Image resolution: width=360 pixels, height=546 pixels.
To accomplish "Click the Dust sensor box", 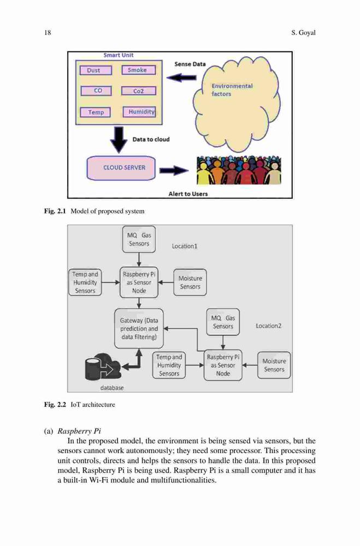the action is pyautogui.click(x=96, y=70).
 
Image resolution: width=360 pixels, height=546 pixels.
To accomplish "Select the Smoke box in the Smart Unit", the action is pyautogui.click(x=138, y=70).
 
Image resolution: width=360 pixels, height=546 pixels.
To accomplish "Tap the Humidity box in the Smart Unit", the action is pyautogui.click(x=139, y=112).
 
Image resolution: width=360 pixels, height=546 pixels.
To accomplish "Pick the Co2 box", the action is pyautogui.click(x=138, y=91).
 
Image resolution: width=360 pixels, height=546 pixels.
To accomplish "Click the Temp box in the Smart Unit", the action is pyautogui.click(x=95, y=112).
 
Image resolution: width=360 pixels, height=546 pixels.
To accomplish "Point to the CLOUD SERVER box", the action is pyautogui.click(x=121, y=168).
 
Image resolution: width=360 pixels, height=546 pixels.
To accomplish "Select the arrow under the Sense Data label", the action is pyautogui.click(x=181, y=78).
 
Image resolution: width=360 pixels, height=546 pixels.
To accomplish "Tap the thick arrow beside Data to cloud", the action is pyautogui.click(x=119, y=140).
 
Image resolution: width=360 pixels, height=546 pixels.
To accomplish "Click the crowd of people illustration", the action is pyautogui.click(x=239, y=170).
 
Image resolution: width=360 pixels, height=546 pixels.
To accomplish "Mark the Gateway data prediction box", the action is pyautogui.click(x=139, y=328).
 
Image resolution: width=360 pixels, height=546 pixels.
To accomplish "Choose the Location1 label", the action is pyautogui.click(x=184, y=246).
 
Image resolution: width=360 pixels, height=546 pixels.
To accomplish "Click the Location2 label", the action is pyautogui.click(x=268, y=326).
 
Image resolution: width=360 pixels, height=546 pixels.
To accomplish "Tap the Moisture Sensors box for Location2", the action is pyautogui.click(x=274, y=365).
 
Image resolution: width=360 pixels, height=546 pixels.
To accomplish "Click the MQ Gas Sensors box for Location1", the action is pyautogui.click(x=139, y=239).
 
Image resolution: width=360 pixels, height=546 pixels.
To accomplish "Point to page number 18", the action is pyautogui.click(x=48, y=33).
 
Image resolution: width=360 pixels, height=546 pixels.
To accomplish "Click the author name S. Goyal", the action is pyautogui.click(x=303, y=33).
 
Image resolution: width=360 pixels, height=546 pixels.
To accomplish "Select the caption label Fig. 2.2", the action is pyautogui.click(x=55, y=405).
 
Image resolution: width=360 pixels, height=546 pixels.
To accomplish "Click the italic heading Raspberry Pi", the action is pyautogui.click(x=79, y=431).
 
